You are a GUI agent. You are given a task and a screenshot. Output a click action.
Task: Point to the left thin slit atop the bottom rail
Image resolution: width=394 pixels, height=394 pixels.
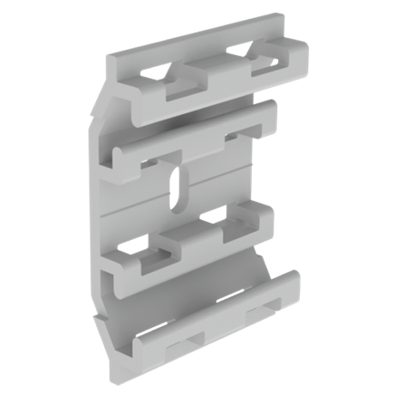coord(149,329)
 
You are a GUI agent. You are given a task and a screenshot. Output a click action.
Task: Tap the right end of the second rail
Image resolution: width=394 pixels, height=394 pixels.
coord(271,113)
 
